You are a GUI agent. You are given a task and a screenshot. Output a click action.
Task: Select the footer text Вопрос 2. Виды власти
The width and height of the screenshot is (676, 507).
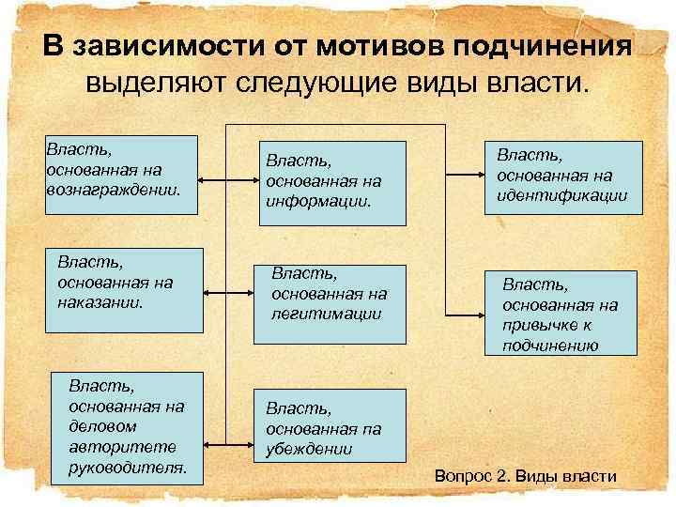click(x=526, y=476)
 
